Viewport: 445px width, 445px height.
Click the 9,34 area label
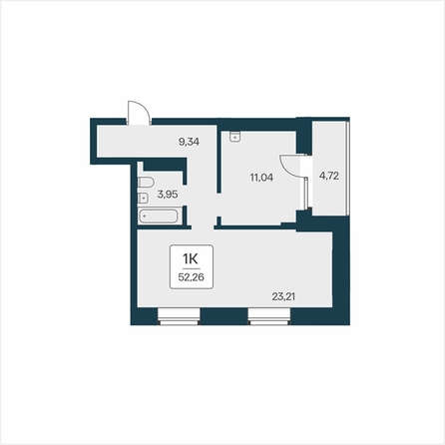pos(189,142)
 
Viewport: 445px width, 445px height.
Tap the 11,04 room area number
pos(261,178)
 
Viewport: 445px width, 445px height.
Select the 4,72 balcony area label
pos(329,176)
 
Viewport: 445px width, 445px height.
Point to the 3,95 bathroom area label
pos(168,195)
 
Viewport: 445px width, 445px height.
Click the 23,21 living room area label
pos(283,296)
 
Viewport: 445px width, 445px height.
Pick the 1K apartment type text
pos(191,258)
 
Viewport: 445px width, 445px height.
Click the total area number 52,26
pos(192,277)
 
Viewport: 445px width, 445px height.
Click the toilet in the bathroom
pos(146,183)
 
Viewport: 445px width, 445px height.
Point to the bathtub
pos(158,217)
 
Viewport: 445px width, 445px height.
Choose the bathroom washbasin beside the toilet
pos(143,198)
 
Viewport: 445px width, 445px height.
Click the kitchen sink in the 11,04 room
pos(235,137)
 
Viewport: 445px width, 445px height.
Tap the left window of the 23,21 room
pos(179,316)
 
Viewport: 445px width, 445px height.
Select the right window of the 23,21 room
pos(269,316)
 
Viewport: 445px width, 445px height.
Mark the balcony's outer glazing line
pos(347,169)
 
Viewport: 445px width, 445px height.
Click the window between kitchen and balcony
pos(306,194)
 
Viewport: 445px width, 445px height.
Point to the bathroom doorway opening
pos(185,196)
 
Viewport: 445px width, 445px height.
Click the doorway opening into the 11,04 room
pos(220,205)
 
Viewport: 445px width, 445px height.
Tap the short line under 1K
pos(192,268)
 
